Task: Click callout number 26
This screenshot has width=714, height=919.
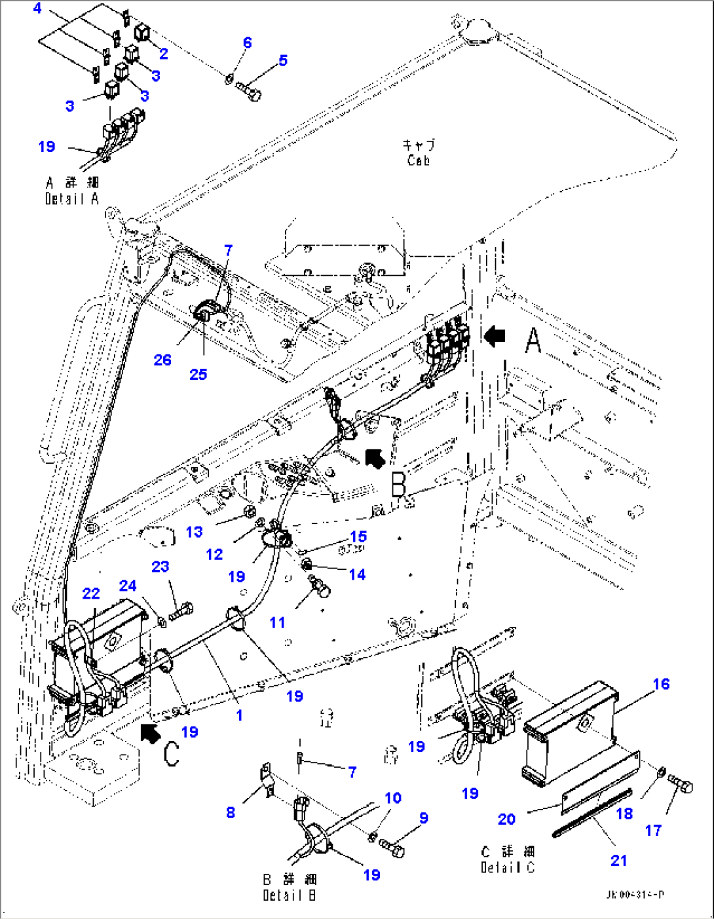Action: point(162,360)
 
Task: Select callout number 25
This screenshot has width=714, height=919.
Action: point(198,374)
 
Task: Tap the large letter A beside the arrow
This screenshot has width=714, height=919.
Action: point(534,340)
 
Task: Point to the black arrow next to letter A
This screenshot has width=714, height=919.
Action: point(495,336)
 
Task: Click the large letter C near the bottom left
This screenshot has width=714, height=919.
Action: point(171,753)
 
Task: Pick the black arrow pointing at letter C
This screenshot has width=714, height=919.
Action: point(150,733)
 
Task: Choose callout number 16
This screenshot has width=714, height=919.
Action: point(661,684)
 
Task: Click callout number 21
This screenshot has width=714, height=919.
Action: point(618,860)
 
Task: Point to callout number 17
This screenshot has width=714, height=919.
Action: point(653,830)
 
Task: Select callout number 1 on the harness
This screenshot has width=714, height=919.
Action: point(239,715)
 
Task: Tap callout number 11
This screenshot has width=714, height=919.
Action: point(277,622)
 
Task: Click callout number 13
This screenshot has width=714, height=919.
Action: point(194,531)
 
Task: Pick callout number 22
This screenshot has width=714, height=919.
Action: point(91,593)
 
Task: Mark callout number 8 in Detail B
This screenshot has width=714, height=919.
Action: point(230,812)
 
